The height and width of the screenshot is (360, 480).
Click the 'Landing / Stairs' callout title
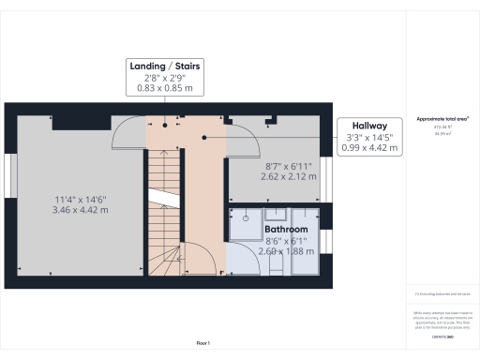pos(164,65)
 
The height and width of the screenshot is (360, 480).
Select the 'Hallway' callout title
pos(370,125)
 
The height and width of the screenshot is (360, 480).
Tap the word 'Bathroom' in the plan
pos(286,229)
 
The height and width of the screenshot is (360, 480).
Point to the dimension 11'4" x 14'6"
pos(81,199)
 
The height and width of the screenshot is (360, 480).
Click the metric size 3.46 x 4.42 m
pos(81,210)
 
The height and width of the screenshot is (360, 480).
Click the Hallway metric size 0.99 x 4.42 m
pos(370,148)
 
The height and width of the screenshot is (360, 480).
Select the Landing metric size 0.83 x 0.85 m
pos(164,88)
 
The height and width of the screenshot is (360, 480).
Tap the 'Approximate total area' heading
pos(441,120)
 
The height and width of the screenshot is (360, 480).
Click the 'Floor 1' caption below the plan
pos(203,344)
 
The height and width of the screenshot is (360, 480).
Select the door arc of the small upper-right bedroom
pos(245,141)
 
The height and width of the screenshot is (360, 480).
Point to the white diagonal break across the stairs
pos(162,199)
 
